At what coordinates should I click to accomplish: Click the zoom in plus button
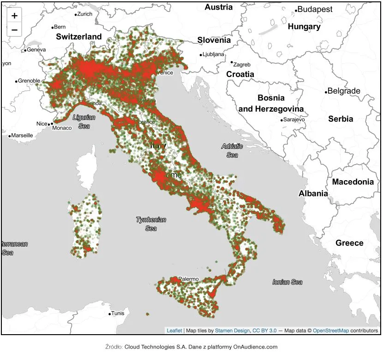click(14, 16)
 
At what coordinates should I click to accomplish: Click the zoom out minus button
click(14, 30)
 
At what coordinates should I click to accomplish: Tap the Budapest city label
click(315, 9)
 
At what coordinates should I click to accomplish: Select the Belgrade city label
click(343, 91)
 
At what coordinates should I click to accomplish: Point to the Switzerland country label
click(79, 36)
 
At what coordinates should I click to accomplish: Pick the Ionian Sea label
click(287, 282)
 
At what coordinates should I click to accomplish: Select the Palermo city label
click(188, 279)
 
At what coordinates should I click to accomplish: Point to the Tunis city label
click(118, 313)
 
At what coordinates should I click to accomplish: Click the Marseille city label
click(22, 136)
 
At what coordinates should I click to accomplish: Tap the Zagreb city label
click(242, 65)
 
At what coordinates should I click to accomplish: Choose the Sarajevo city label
click(294, 119)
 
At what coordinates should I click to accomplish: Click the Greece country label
click(349, 243)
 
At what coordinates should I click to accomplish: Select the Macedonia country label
click(353, 182)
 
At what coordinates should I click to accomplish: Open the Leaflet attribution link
click(174, 330)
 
